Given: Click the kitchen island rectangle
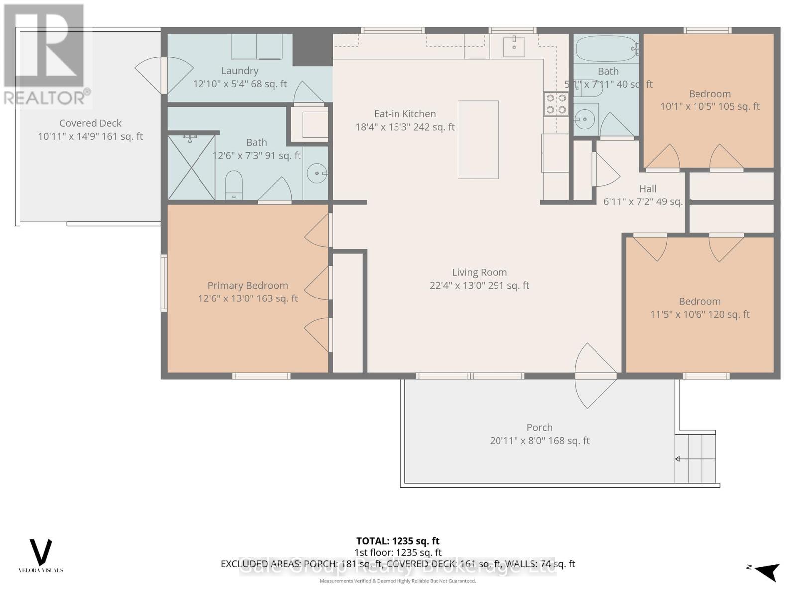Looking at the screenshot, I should (x=478, y=140).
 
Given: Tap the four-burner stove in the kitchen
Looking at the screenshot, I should (x=556, y=103).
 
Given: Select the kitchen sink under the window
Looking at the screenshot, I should (x=514, y=47).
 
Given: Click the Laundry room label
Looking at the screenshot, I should (x=240, y=71).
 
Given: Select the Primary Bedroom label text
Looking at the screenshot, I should (x=247, y=285).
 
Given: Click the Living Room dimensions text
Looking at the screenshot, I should (x=479, y=285).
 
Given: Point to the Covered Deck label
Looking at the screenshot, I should (x=90, y=123).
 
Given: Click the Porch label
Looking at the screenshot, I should (x=539, y=427).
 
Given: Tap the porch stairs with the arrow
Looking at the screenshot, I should (x=695, y=458).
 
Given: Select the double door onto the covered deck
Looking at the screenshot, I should (x=163, y=75).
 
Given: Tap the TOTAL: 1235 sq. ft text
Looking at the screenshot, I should (x=398, y=541).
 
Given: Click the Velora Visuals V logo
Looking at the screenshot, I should (x=41, y=552).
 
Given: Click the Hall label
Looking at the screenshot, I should (x=647, y=189).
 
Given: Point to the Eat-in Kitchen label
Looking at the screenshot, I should (x=404, y=114).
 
